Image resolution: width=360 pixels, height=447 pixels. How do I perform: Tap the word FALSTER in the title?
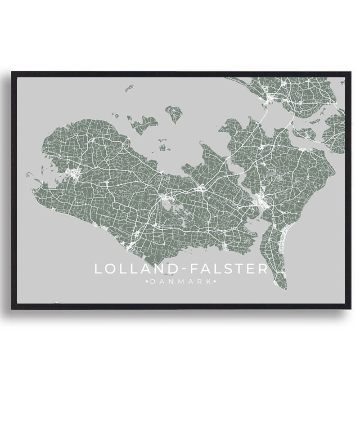[x=229, y=269]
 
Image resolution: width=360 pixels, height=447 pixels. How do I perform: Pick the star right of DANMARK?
[x=215, y=282]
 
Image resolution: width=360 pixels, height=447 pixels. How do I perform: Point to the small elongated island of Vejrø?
[x=130, y=88]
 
